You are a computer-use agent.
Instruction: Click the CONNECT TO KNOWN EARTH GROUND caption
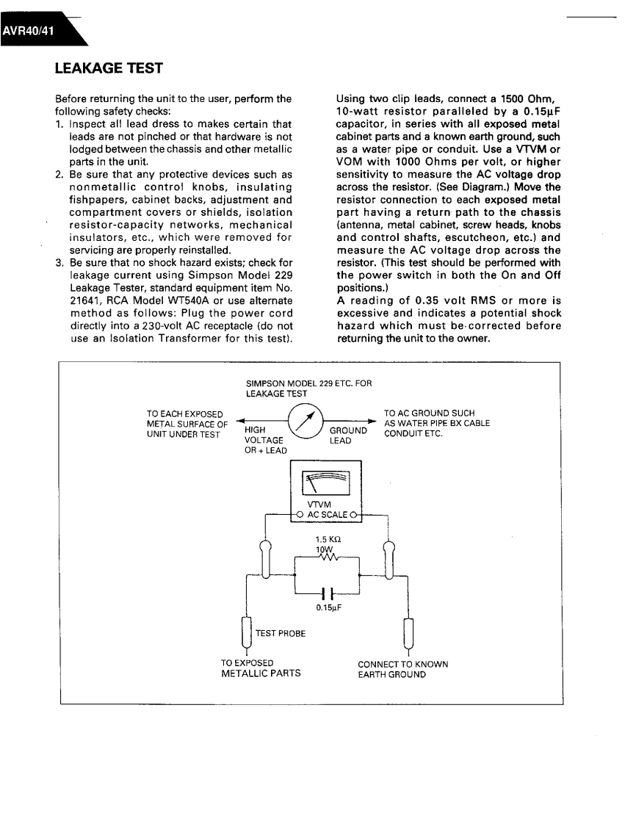403,669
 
